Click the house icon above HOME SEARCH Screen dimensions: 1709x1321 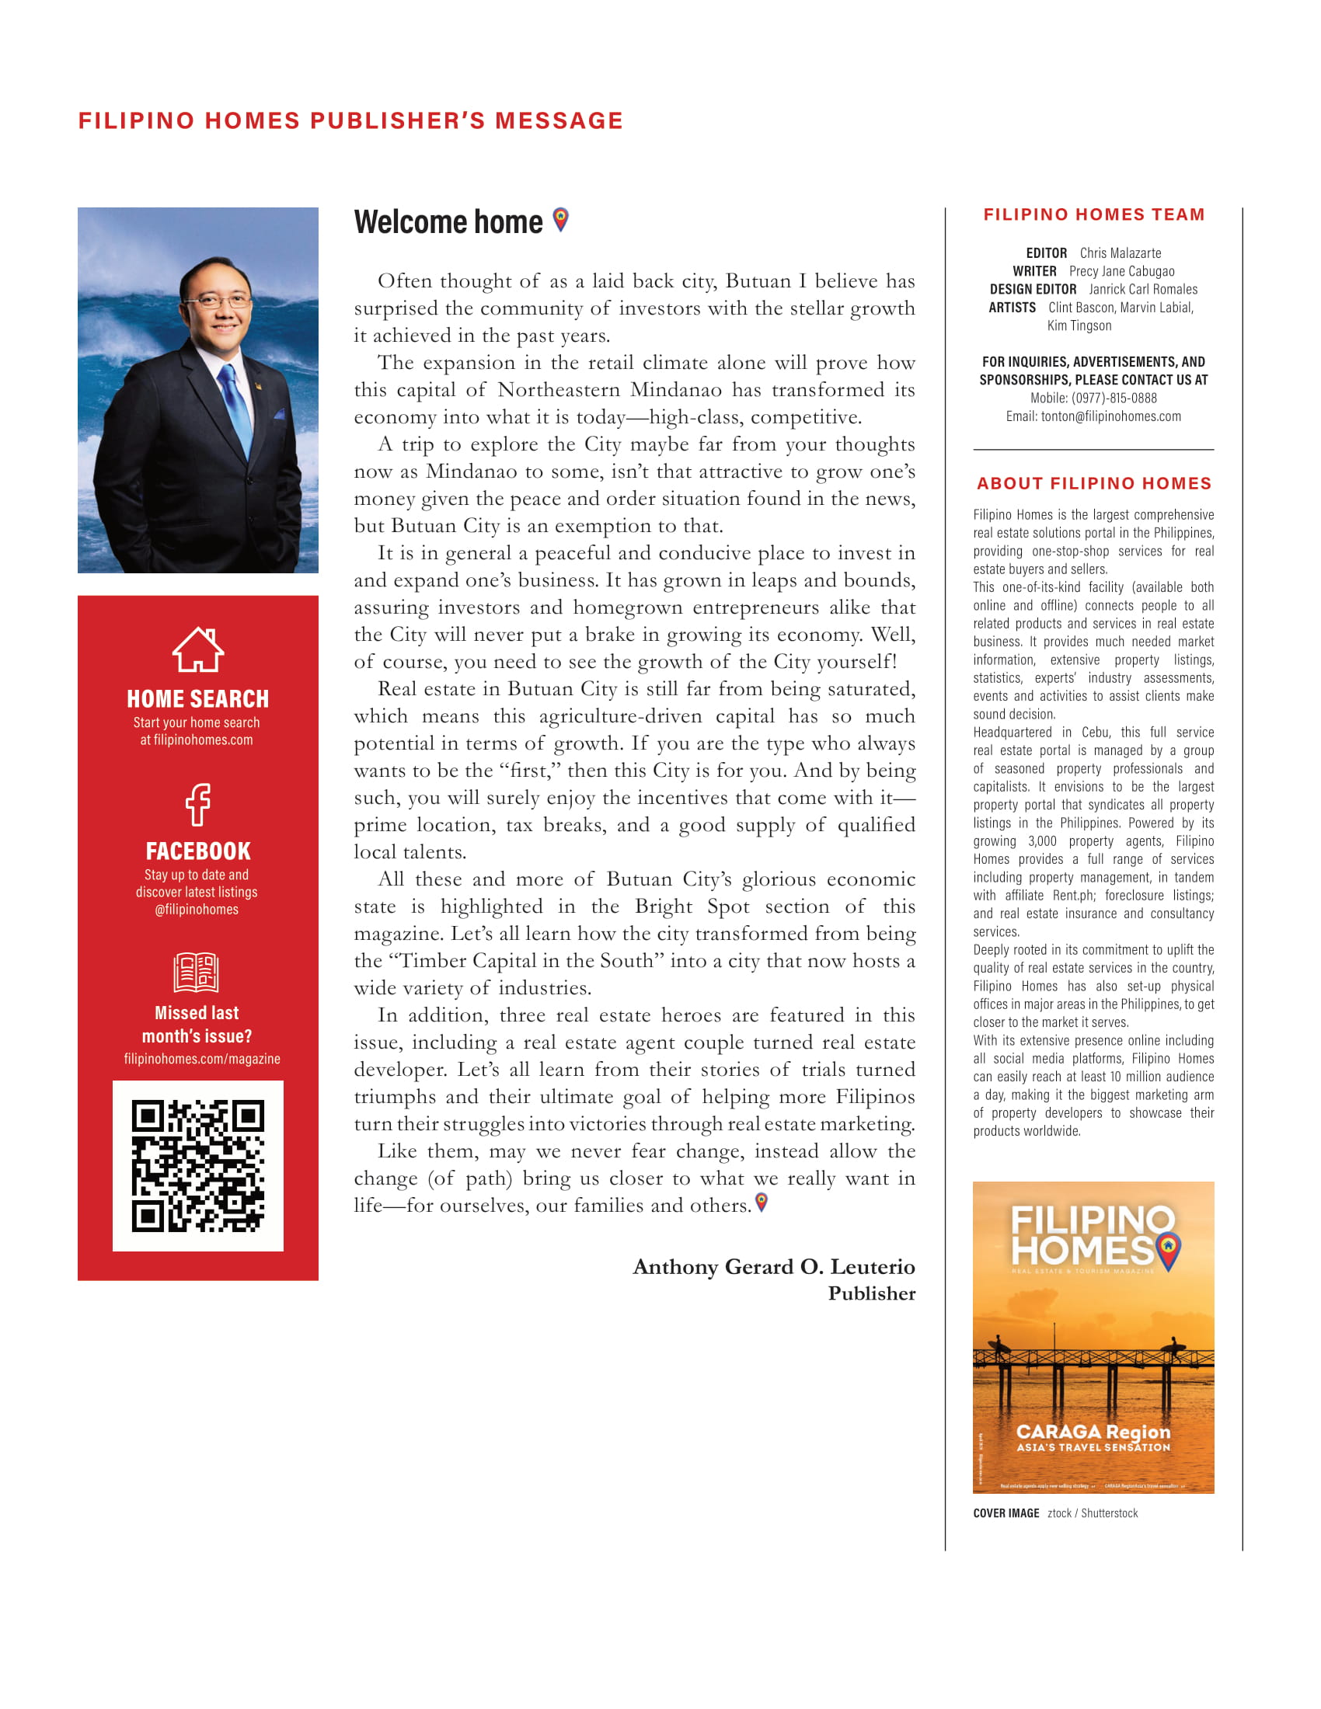[198, 649]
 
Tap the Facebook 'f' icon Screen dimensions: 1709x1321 [198, 805]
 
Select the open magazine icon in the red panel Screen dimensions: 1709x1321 [197, 973]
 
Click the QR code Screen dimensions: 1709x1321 [198, 1166]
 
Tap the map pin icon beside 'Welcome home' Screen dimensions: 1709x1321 [560, 220]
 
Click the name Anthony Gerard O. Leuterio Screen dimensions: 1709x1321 [773, 1267]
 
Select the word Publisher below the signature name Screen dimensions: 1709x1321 [871, 1293]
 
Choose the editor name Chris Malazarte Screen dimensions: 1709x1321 [1120, 253]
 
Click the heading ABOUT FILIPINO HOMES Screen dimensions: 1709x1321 [1093, 484]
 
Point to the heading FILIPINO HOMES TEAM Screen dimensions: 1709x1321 [1093, 215]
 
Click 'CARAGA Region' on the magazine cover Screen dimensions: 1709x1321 [1093, 1431]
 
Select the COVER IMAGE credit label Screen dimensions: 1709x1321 [1006, 1513]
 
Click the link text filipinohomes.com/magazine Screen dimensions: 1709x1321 [202, 1059]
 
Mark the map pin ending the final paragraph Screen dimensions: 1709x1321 [762, 1202]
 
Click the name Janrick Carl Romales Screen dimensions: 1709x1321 [1142, 290]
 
